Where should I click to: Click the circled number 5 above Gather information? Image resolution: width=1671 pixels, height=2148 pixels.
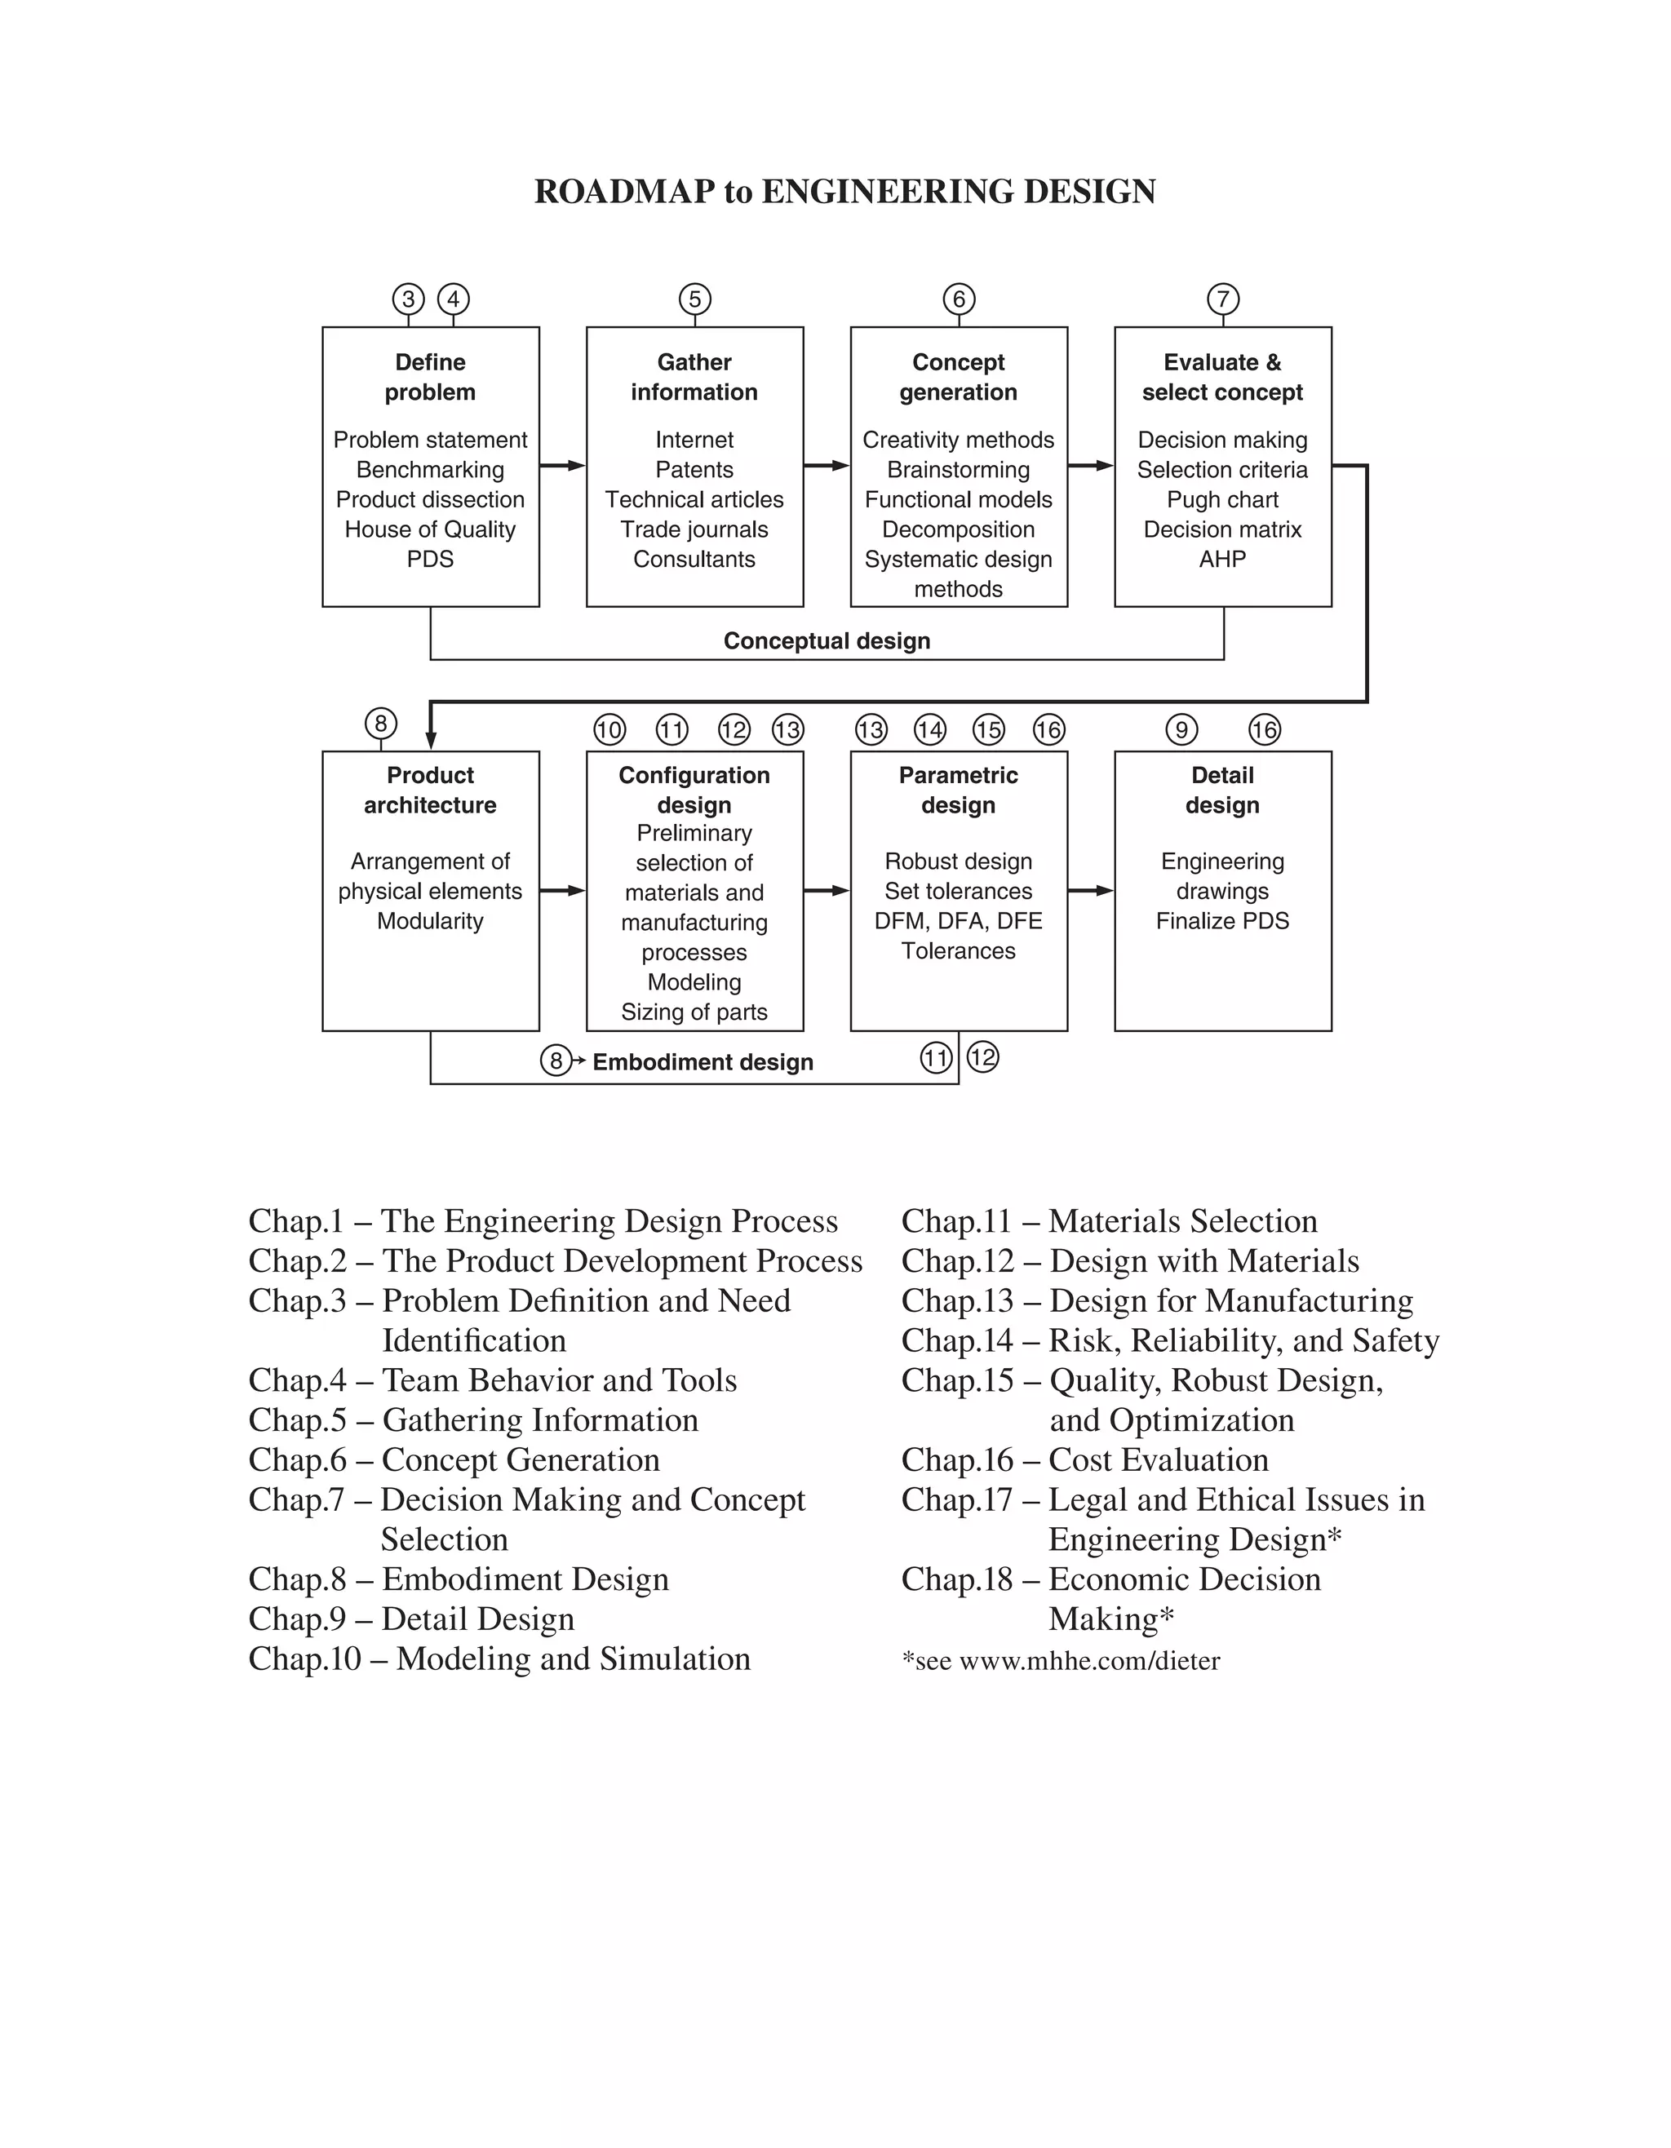pos(694,299)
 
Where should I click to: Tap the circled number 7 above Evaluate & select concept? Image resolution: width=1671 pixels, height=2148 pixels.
pos(1222,299)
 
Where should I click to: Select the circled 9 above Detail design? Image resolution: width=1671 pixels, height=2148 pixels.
pos(1181,730)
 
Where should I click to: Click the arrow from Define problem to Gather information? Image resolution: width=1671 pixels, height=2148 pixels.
pos(562,465)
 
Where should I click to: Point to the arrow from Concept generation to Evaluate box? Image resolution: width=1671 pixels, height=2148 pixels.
pos(1091,465)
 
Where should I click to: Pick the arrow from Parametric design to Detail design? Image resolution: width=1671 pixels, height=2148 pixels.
pos(1091,890)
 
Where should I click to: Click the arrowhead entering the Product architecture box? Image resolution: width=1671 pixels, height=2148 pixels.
pos(431,740)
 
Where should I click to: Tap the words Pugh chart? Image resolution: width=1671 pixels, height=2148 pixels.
pos(1222,499)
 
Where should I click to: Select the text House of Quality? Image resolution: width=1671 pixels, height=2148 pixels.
pos(430,529)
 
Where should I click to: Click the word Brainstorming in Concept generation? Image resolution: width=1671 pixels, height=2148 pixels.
pos(958,470)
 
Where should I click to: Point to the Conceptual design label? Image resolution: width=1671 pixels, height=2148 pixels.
pos(827,641)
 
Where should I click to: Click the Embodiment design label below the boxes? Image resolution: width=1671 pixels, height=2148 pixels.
pos(703,1062)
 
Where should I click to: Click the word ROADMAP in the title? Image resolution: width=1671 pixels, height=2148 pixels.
pos(623,192)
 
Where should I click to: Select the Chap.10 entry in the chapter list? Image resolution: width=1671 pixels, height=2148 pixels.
pos(499,1659)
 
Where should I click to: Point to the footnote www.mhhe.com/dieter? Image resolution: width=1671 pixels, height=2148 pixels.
pos(1088,1661)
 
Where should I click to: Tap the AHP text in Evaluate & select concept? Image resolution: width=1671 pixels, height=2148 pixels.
pos(1221,559)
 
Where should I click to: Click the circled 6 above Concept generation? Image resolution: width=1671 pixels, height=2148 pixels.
pos(959,299)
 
